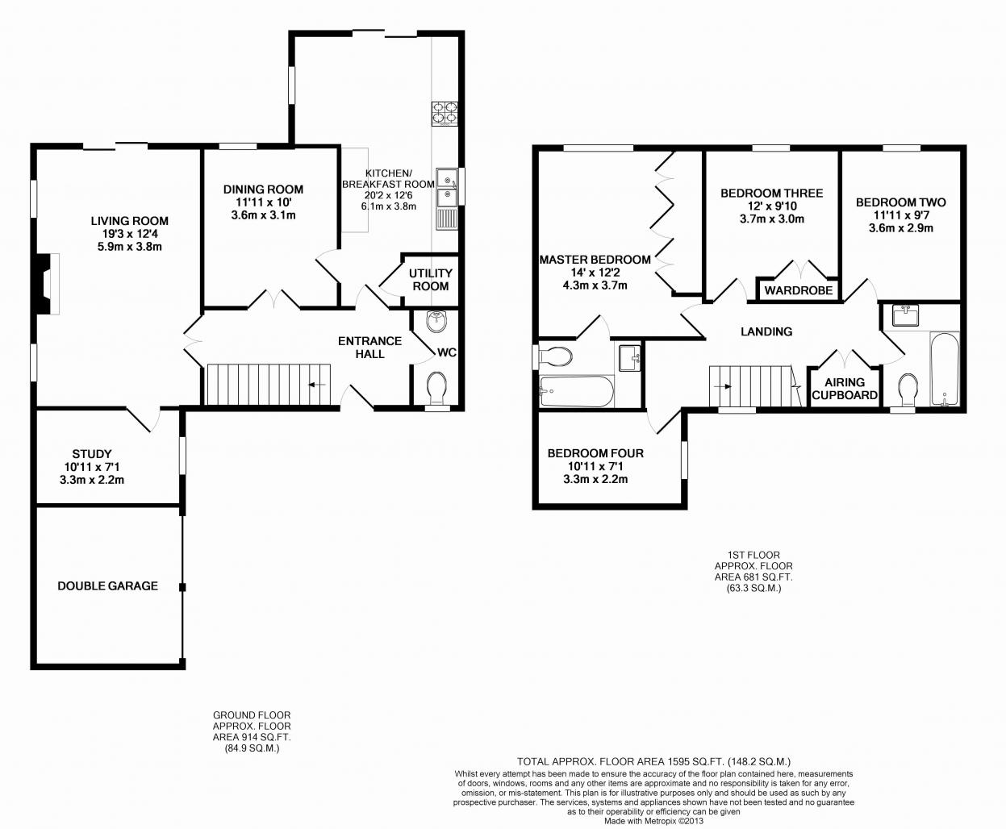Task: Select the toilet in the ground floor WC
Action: click(x=437, y=388)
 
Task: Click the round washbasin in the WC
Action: click(x=437, y=321)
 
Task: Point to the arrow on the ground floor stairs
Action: click(x=317, y=385)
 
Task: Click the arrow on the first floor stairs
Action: click(x=722, y=386)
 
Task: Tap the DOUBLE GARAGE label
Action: click(x=108, y=585)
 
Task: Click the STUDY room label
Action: click(x=92, y=454)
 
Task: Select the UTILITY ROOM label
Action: click(x=431, y=279)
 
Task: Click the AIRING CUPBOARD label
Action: click(x=845, y=389)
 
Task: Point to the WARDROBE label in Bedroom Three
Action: click(x=799, y=290)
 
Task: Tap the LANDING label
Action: click(x=766, y=331)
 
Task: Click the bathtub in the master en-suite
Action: click(x=577, y=392)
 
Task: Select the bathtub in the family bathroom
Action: click(x=945, y=369)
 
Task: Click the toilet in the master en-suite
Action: click(x=554, y=356)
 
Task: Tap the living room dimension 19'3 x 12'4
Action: click(x=130, y=234)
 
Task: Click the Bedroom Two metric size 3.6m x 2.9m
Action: click(x=901, y=228)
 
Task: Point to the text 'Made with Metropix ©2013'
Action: click(x=653, y=821)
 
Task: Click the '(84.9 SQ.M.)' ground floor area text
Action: click(x=252, y=748)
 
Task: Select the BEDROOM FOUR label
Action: click(x=595, y=453)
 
